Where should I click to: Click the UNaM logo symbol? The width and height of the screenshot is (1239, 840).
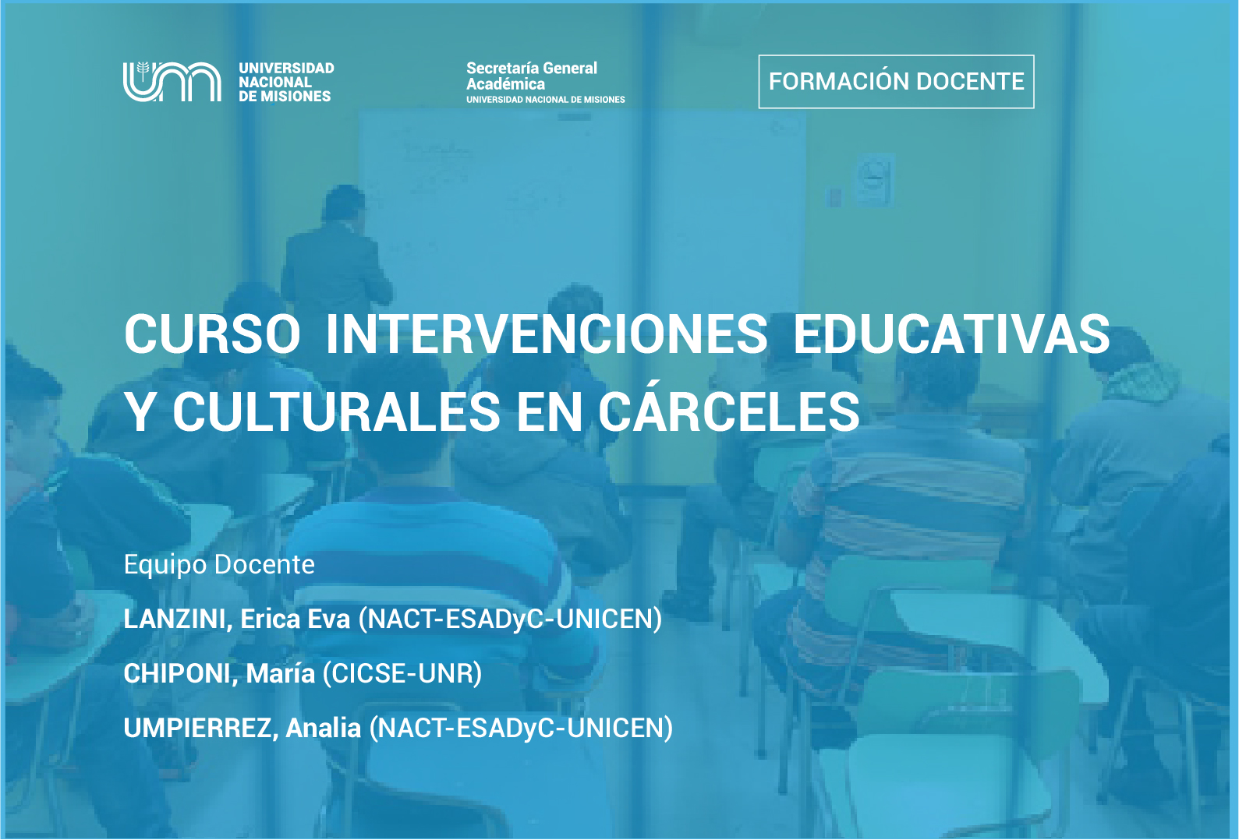pos(172,82)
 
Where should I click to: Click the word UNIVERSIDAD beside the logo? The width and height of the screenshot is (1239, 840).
pos(286,69)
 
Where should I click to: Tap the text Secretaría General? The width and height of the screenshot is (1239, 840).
pos(531,69)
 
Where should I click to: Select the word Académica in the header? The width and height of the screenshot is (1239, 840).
pos(505,84)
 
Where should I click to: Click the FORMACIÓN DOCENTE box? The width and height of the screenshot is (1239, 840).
pos(896,82)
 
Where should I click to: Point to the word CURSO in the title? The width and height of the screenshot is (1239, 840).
pos(212,334)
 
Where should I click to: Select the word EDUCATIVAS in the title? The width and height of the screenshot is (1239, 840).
pos(951,334)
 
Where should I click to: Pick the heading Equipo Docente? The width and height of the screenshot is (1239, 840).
pos(219,564)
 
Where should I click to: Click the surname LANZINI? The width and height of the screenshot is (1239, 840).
pos(178,619)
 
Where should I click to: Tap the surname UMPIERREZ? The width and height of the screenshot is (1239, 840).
pos(200,728)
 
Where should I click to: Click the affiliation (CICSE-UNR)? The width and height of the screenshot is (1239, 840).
pos(402,673)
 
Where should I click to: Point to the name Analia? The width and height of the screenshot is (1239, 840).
pos(324,728)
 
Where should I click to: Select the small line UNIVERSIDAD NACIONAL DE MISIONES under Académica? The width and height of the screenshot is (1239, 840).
pos(546,100)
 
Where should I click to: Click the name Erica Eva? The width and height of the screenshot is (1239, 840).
pos(295,619)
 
